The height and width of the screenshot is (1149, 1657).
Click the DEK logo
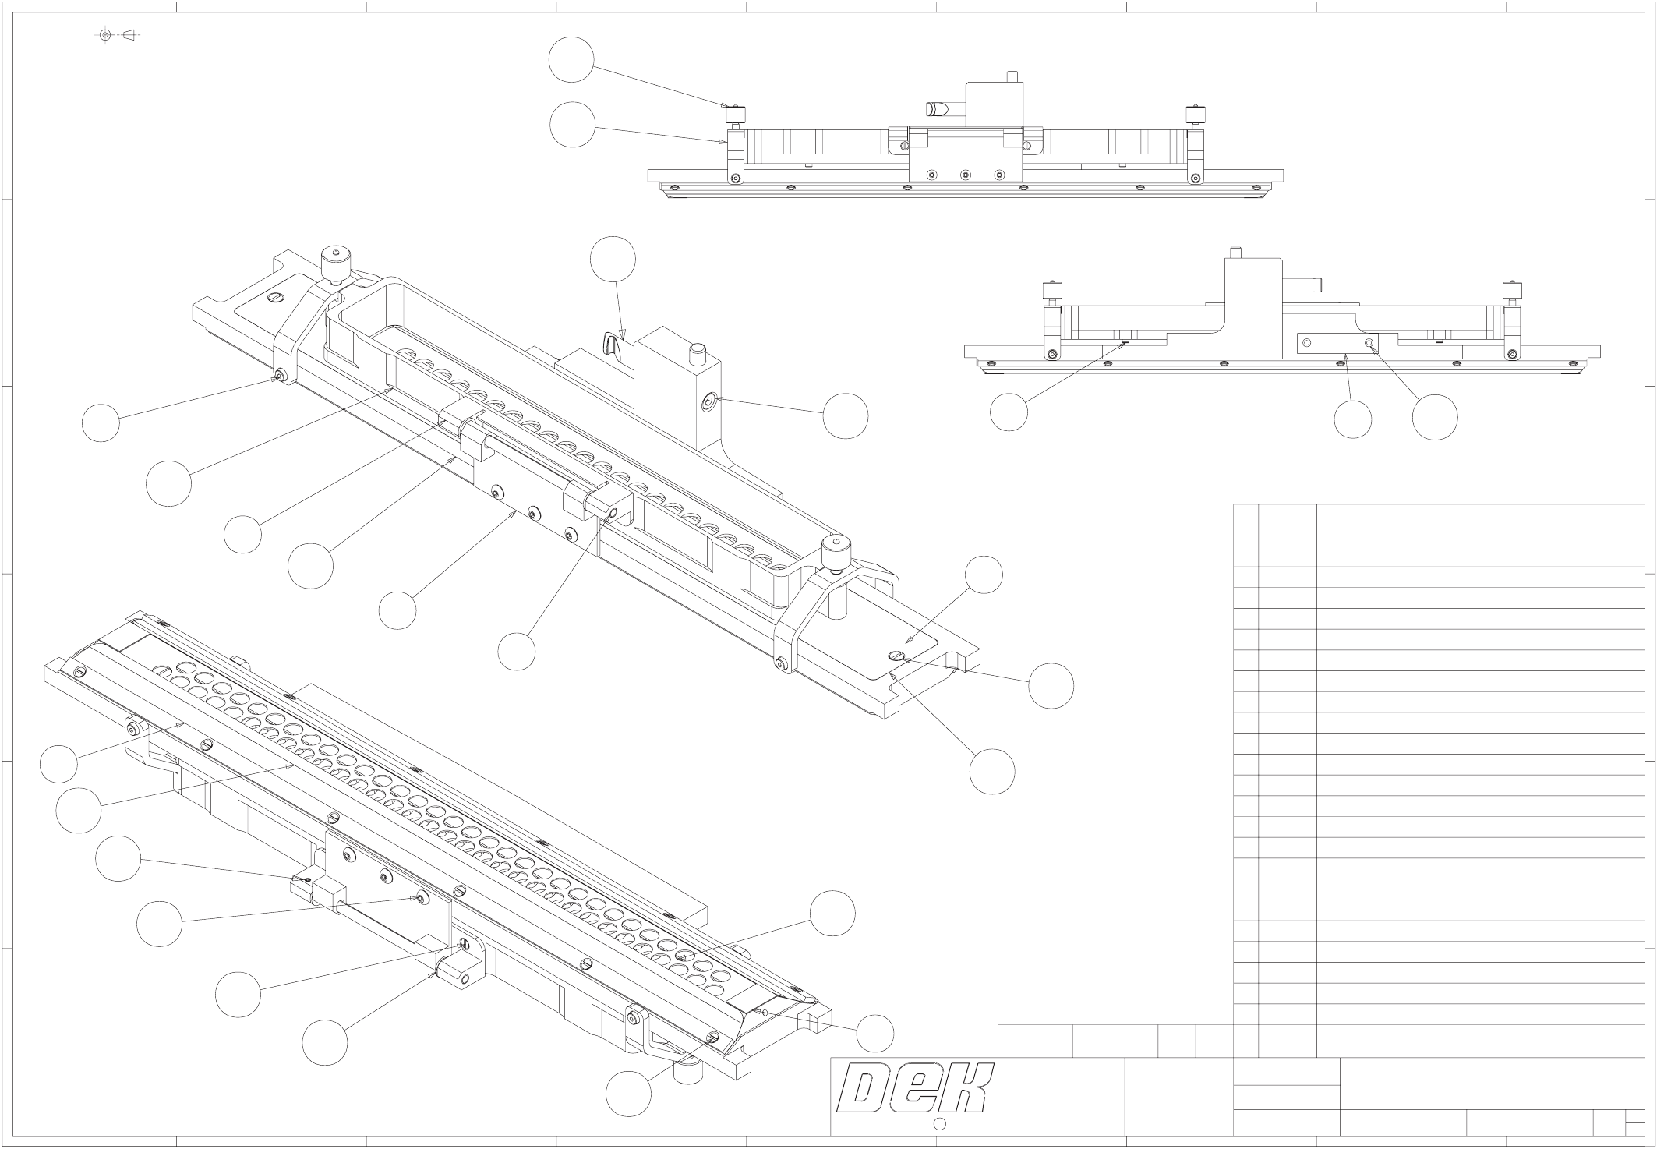[x=914, y=1087]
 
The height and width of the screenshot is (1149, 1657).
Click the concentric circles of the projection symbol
[x=106, y=35]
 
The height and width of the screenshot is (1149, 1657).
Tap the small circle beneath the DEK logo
[x=939, y=1123]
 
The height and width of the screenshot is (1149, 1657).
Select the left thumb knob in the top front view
[x=734, y=116]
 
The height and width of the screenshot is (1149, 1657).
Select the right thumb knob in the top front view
[x=1193, y=116]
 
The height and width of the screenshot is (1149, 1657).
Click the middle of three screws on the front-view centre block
[x=965, y=175]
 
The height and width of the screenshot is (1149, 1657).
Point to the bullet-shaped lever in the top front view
[x=938, y=110]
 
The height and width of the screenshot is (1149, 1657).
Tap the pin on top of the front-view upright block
[x=1012, y=76]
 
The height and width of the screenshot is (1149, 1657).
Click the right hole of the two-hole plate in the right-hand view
[x=1369, y=343]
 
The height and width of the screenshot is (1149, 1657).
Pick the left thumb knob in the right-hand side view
[x=1052, y=295]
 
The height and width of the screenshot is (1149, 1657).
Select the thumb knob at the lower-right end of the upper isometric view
[x=836, y=552]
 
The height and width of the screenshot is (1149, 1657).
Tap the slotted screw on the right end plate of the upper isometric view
[x=897, y=656]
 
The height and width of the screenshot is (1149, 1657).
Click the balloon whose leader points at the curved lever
[x=613, y=259]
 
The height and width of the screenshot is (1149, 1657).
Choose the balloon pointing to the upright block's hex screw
[x=846, y=416]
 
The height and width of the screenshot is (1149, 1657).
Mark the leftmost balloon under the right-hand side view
[x=1009, y=412]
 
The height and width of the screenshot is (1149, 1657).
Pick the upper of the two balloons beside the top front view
[x=571, y=60]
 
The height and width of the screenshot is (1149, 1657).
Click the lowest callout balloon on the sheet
[x=628, y=1093]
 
